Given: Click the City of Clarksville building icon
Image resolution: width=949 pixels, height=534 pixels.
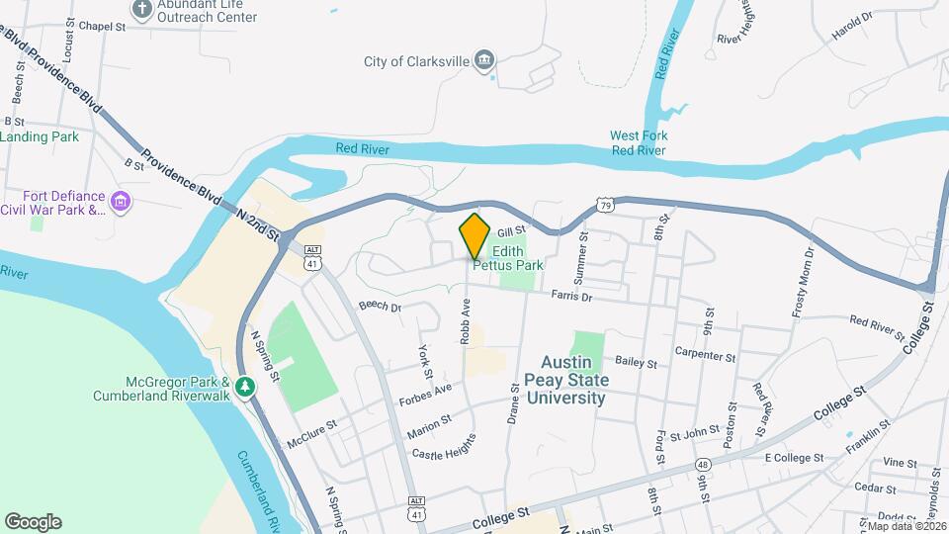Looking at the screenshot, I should point(485,61).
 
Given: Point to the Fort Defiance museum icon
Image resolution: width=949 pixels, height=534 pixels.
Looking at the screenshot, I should point(122,202).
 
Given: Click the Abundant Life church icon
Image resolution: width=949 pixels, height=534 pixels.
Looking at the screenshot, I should point(142,10).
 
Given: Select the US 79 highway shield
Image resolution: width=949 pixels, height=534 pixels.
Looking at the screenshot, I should point(604,204).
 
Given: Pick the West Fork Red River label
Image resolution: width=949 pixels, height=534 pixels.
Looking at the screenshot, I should point(639,142).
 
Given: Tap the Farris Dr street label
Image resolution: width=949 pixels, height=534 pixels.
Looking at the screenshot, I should point(571,296).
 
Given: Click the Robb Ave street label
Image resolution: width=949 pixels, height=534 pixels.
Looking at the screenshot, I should point(464,323).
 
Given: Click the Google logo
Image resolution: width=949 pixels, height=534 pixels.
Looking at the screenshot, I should point(33,522).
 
